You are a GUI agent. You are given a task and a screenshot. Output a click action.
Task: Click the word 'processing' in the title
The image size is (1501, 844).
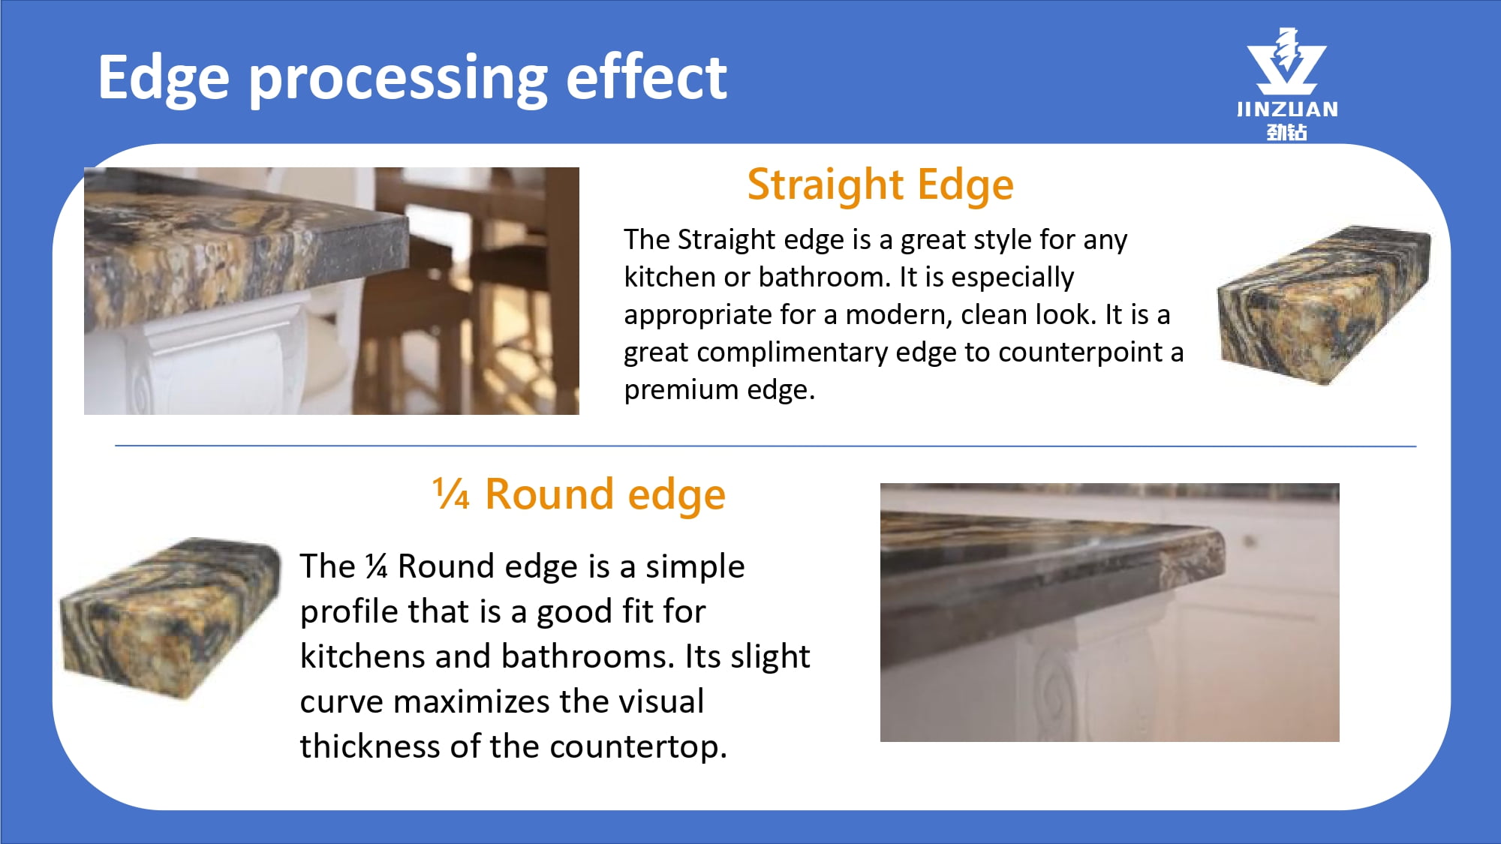399,80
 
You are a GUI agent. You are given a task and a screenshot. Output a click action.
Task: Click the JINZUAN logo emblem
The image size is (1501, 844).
1286,61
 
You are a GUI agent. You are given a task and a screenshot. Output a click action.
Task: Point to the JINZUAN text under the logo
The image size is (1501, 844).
1287,110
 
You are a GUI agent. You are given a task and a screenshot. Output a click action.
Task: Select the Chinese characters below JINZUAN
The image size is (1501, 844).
1287,132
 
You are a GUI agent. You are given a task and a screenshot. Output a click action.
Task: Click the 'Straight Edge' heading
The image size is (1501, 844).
880,185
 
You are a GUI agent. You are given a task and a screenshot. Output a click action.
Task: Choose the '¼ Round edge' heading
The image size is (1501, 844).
579,494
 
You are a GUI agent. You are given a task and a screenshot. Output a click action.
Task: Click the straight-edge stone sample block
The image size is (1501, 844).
1324,305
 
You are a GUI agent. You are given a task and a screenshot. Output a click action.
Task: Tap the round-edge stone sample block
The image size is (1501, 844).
170,618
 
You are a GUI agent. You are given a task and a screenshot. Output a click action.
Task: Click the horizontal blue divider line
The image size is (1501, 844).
766,446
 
